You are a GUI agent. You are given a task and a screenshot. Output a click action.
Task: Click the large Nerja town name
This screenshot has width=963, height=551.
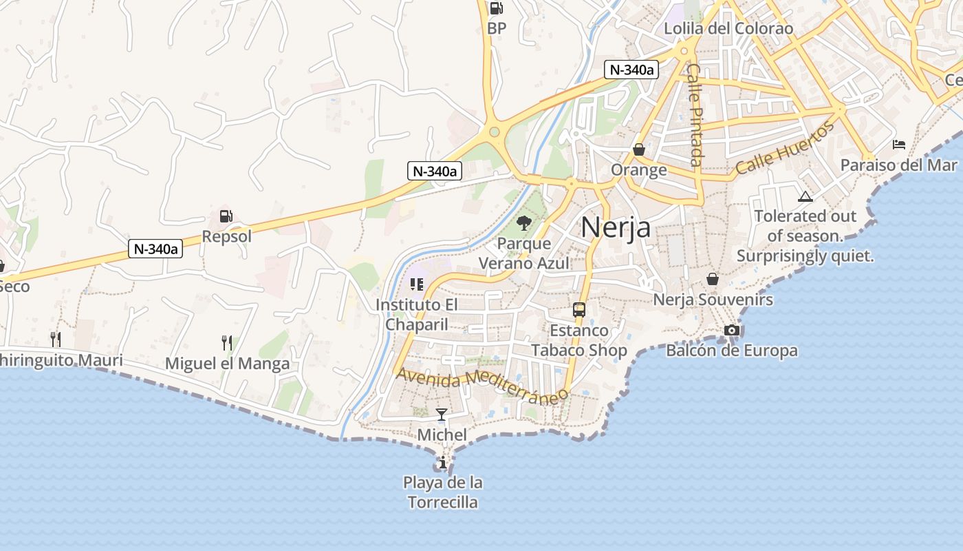click(x=616, y=227)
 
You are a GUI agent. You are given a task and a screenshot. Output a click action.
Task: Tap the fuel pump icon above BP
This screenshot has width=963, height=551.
click(x=496, y=8)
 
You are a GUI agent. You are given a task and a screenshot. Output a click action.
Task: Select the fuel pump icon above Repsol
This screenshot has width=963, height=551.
click(x=226, y=216)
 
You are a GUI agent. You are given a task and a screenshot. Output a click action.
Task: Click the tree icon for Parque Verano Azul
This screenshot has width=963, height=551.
click(x=524, y=222)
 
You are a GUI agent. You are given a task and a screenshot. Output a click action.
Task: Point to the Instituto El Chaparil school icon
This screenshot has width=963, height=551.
click(x=416, y=284)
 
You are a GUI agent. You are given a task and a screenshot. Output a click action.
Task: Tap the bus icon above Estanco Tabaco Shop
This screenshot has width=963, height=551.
click(x=579, y=310)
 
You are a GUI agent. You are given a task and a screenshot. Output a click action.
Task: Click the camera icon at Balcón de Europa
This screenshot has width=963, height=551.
click(x=732, y=331)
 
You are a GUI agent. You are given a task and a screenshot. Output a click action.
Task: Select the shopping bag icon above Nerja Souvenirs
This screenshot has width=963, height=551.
click(x=713, y=279)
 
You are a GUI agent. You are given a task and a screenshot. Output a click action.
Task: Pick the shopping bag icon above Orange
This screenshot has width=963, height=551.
click(x=639, y=149)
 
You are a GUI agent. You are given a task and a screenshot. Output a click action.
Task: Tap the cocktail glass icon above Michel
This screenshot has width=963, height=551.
click(x=442, y=415)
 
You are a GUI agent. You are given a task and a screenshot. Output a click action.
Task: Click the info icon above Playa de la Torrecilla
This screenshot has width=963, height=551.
click(x=443, y=462)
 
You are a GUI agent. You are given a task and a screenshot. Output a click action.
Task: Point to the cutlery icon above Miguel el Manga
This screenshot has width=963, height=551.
click(x=227, y=342)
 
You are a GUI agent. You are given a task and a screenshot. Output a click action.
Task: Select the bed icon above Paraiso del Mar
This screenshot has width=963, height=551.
click(x=898, y=145)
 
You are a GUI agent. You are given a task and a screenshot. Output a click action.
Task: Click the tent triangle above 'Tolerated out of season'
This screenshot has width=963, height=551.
click(x=805, y=196)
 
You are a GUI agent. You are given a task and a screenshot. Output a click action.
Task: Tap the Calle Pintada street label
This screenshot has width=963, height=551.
click(x=695, y=116)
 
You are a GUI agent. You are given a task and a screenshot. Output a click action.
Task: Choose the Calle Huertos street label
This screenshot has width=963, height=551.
click(x=785, y=148)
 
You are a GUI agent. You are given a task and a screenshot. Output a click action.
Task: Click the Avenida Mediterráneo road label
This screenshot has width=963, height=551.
click(x=483, y=384)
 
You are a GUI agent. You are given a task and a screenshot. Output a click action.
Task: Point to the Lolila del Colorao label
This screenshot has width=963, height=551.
click(x=728, y=29)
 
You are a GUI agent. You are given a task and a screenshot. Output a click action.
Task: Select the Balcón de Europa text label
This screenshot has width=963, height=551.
click(x=732, y=351)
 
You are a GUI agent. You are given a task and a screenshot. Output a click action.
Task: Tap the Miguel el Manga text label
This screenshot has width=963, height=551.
click(x=228, y=364)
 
